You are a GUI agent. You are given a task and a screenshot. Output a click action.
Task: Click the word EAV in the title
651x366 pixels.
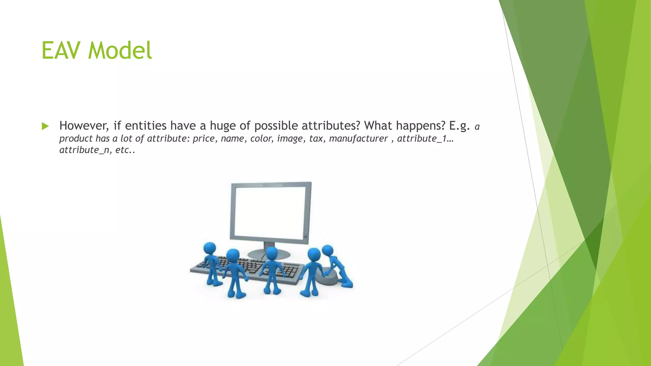pos(62,51)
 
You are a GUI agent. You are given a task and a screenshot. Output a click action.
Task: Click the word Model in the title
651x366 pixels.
pos(120,51)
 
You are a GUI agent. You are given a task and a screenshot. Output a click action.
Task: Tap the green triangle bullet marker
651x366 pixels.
pos(45,126)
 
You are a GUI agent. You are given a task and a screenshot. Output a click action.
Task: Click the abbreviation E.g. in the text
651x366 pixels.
pos(459,126)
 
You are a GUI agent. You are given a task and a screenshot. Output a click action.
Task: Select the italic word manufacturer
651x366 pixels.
pos(358,139)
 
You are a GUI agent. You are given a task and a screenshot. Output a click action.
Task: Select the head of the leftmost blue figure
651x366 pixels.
pos(209,248)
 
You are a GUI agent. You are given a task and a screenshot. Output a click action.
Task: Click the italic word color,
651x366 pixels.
pos(262,139)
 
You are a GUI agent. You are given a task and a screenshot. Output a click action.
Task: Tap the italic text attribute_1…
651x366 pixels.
pos(425,139)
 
